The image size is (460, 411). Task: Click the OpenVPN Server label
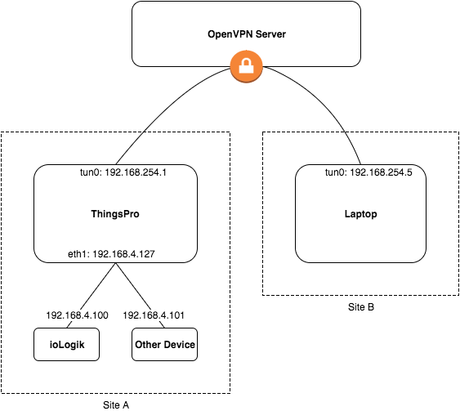pos(247,34)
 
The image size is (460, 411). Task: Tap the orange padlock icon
pos(246,66)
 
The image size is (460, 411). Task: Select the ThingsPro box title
pos(115,214)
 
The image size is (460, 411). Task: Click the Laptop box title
pos(360,214)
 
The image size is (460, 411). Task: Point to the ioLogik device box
pos(67,345)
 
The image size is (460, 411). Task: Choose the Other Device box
pos(164,345)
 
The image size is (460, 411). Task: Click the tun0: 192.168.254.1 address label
pos(123,172)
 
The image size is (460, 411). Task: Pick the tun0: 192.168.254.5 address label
pos(368,172)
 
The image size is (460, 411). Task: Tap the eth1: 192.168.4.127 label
pos(111,254)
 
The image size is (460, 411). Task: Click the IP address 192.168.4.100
pos(77,315)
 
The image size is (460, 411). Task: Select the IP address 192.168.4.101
pos(154,315)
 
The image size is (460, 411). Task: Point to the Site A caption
pos(116,405)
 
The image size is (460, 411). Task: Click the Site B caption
pos(361,307)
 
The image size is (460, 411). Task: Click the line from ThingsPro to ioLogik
pos(92,295)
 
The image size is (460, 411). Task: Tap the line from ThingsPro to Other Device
pos(141,295)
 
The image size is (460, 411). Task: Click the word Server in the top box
pos(270,34)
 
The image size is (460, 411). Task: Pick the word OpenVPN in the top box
pos(230,34)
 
